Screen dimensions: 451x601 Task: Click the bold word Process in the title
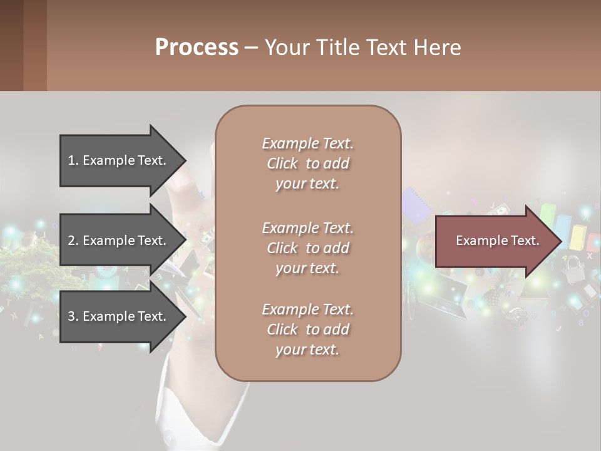[197, 48]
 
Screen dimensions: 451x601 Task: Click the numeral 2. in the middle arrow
[73, 241]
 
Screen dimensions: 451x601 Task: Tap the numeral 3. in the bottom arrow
[73, 316]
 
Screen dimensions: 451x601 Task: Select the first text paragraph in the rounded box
[307, 163]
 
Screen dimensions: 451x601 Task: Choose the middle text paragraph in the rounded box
[307, 248]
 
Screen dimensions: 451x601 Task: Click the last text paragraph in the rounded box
[307, 329]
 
